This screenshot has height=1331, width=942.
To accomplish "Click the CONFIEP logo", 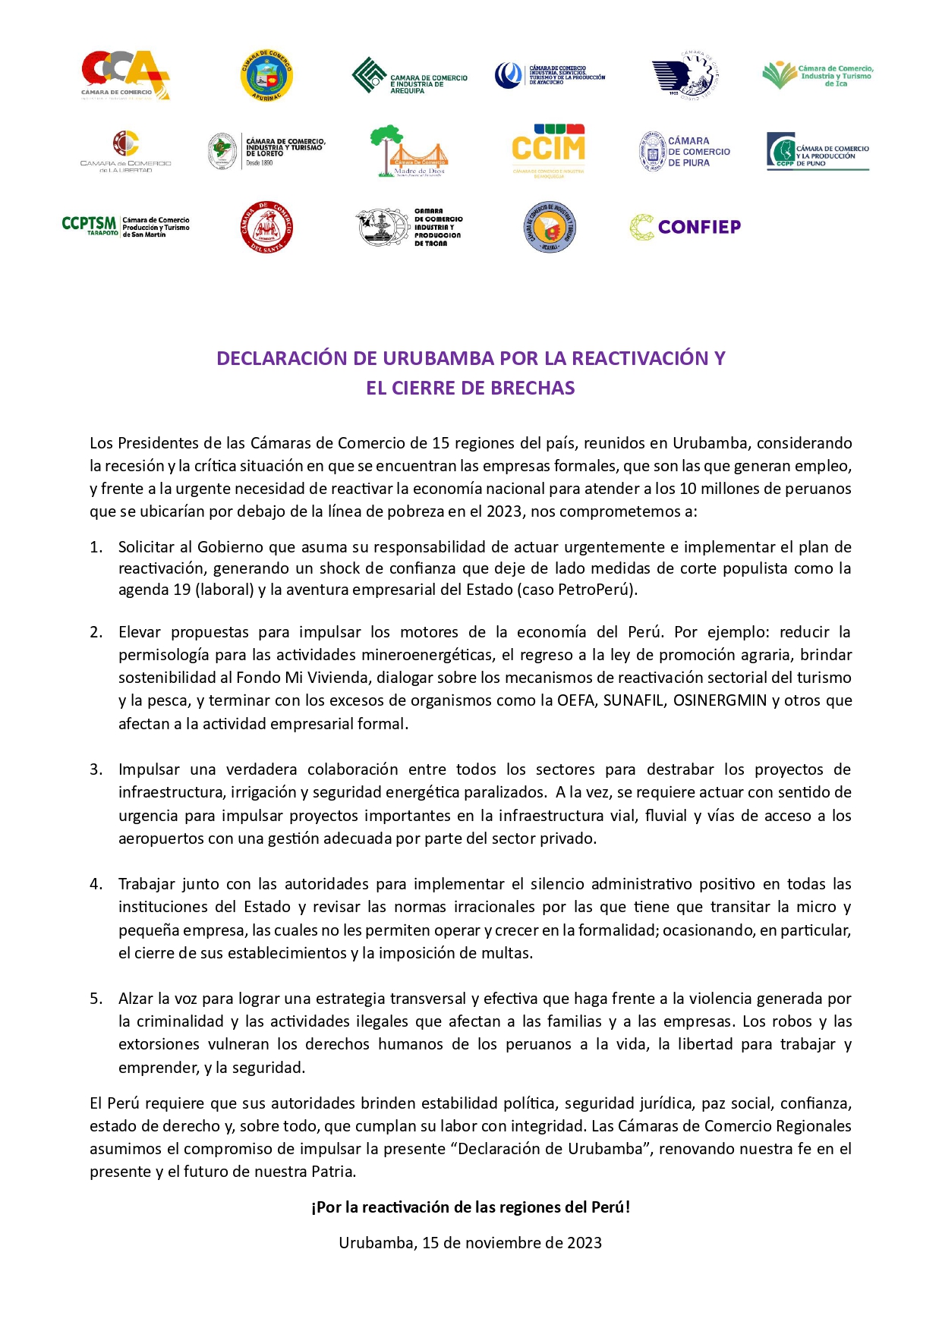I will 685,227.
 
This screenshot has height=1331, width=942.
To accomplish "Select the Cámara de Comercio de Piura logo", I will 684,151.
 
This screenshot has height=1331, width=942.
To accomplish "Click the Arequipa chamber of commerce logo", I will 409,76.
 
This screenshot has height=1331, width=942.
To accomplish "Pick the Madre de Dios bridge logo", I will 408,151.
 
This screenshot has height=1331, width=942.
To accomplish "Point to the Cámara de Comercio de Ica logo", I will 818,76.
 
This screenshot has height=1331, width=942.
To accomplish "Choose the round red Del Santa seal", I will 266,227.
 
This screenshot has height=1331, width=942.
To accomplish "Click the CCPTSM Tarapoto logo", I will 125,226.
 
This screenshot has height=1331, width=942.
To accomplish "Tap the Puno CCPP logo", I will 818,151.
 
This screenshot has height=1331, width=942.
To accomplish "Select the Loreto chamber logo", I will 266,151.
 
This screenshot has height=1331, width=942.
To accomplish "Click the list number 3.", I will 96,769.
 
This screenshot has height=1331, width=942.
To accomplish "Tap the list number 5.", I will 96,999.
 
